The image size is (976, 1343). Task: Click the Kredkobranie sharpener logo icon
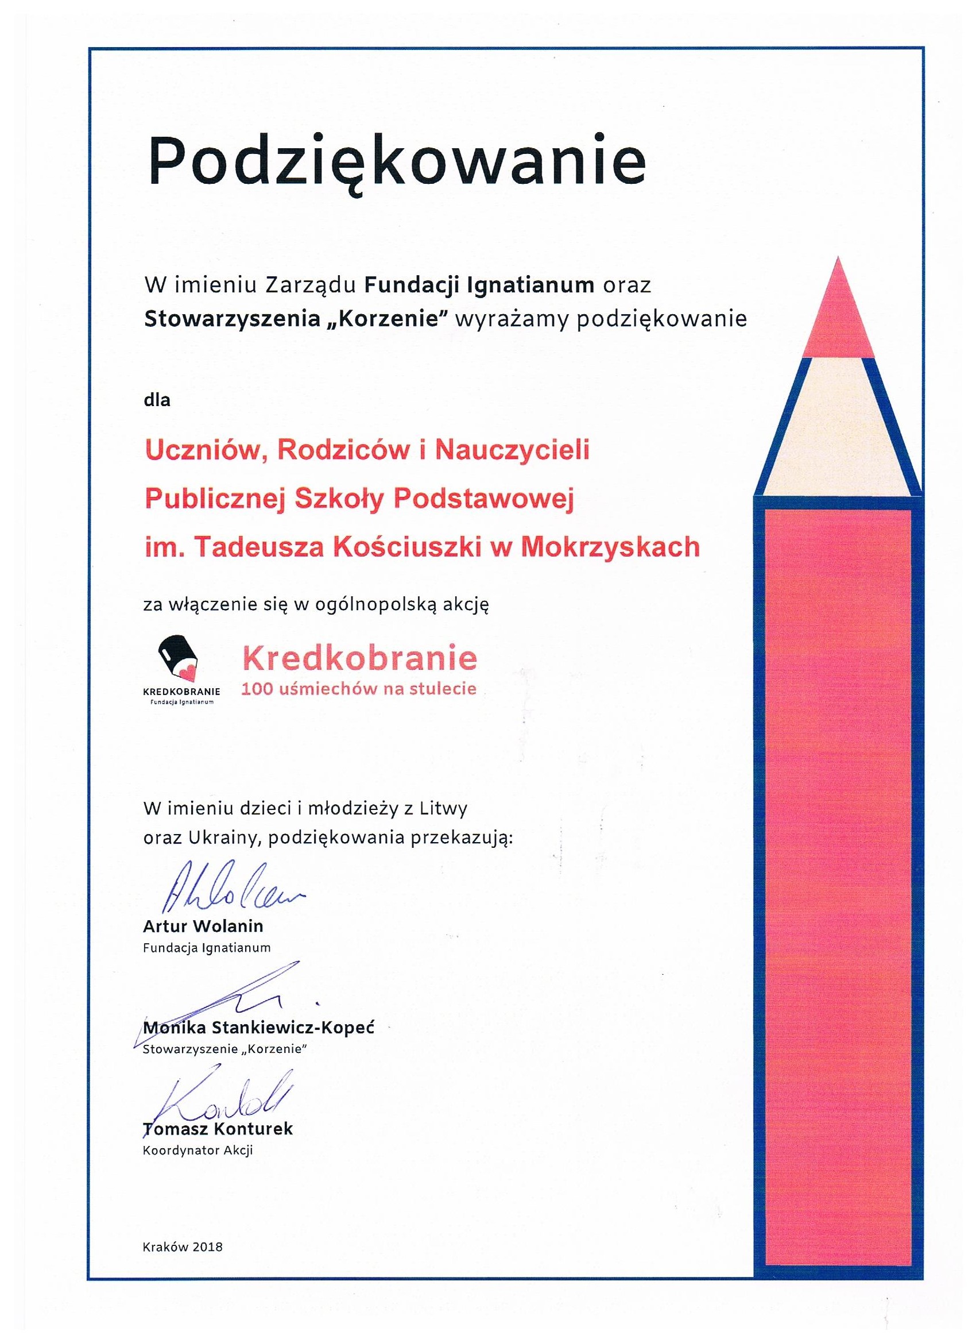(178, 657)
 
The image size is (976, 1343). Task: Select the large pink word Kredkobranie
(359, 658)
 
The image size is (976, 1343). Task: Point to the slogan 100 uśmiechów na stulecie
(358, 689)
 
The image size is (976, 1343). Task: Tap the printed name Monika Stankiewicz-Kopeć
(259, 1028)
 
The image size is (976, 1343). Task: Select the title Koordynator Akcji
(197, 1151)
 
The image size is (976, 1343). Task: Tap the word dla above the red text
(157, 400)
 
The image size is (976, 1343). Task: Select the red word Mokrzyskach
(609, 546)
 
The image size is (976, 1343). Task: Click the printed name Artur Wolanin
(203, 925)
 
